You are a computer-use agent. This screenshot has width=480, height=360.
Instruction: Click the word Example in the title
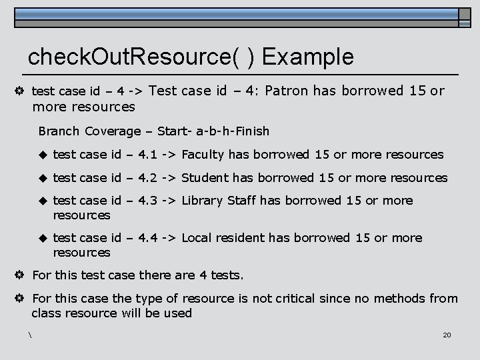(308, 57)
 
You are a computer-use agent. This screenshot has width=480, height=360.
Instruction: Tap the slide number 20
(447, 334)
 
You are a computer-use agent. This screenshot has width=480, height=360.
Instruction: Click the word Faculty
(203, 155)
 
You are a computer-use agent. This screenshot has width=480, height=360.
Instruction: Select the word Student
(204, 178)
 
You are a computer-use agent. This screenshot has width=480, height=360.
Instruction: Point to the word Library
(203, 201)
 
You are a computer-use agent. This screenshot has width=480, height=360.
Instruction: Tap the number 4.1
(148, 155)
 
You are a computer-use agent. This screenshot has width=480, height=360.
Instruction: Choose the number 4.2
(148, 178)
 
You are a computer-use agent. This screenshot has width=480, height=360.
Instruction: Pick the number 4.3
(148, 201)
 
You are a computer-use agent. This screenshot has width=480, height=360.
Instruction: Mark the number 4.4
(148, 238)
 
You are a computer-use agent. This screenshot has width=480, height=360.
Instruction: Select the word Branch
(59, 131)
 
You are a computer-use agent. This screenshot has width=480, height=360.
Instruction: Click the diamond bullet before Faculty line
(43, 155)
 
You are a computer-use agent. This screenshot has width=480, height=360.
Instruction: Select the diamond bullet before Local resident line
(43, 238)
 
